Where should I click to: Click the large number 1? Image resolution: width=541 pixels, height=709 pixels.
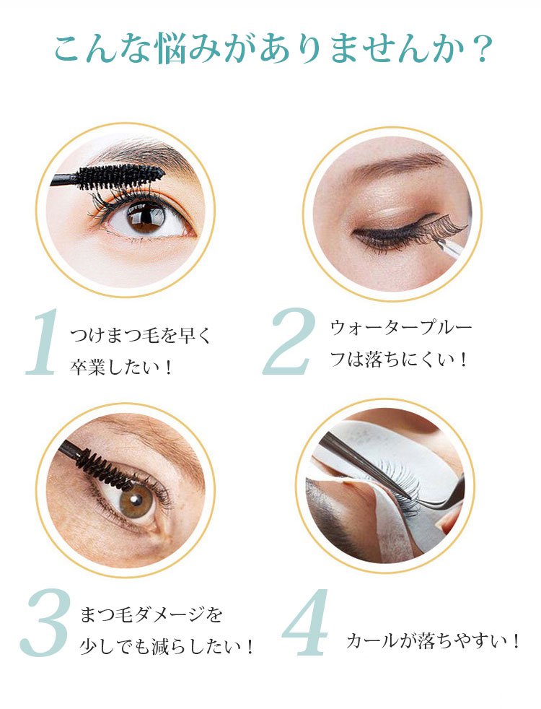43,342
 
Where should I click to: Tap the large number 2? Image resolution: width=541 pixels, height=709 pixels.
290,342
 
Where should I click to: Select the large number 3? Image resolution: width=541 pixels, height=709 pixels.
45,622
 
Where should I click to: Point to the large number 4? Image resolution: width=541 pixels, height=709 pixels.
305,622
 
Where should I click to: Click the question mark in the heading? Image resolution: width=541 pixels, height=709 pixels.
478,49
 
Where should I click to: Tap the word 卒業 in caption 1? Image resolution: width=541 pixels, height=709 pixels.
87,367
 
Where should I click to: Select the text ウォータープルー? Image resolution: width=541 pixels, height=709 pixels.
400,327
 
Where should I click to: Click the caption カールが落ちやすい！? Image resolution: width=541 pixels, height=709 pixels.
433,640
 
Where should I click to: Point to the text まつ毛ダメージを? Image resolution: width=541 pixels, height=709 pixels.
151,614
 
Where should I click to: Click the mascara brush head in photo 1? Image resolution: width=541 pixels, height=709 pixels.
120,176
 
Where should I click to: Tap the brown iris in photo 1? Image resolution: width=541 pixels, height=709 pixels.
146,216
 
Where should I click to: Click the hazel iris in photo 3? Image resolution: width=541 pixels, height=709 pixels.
136,500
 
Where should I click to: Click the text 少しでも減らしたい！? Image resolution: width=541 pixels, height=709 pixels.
167,646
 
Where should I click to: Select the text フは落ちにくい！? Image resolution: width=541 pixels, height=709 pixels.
398,360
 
